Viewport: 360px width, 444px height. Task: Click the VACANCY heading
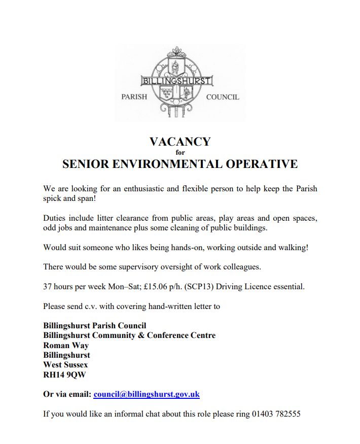tap(179, 142)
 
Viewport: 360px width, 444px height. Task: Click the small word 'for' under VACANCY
tap(180, 152)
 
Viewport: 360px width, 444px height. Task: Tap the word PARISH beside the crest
tap(134, 97)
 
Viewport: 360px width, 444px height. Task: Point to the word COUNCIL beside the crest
tap(223, 97)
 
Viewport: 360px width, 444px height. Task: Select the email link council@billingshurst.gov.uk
tap(147, 394)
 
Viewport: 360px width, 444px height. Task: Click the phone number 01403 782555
tap(276, 414)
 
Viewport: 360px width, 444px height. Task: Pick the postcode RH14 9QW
tap(64, 374)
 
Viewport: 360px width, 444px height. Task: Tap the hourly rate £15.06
tap(156, 287)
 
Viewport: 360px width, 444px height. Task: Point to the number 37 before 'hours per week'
tap(48, 287)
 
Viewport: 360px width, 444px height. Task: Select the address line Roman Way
tap(66, 346)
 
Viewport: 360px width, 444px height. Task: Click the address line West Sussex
tap(65, 365)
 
